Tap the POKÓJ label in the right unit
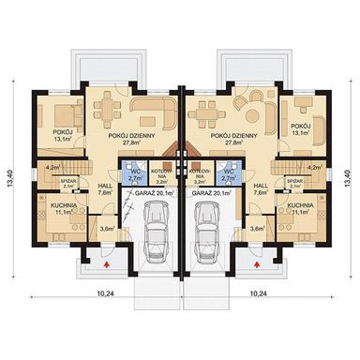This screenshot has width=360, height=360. point(299,125)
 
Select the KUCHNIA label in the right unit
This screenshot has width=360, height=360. point(300,204)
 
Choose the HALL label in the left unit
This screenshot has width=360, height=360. point(106,187)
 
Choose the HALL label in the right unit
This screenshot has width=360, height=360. point(261,187)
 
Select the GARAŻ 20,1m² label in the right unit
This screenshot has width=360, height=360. point(211,191)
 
